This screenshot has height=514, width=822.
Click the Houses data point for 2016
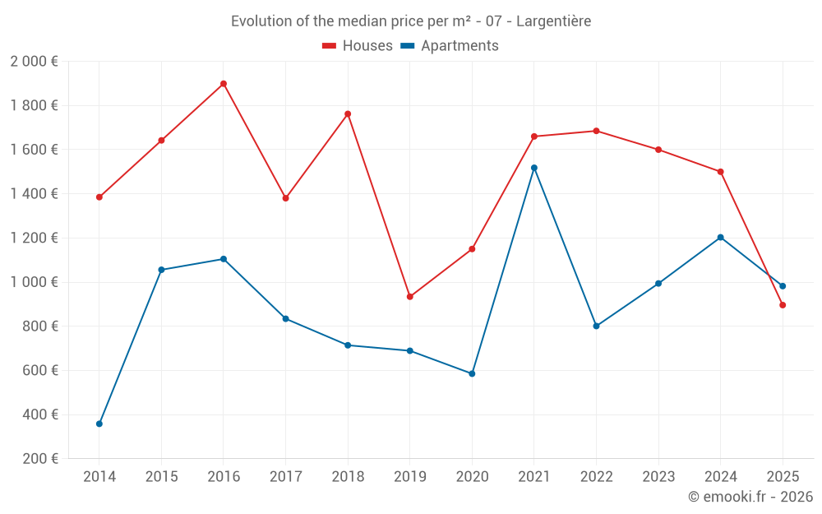click(224, 84)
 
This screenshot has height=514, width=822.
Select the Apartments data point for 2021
click(534, 168)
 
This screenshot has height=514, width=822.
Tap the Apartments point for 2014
click(99, 424)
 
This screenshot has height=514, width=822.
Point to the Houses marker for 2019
click(410, 297)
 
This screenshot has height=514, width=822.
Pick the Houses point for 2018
click(348, 114)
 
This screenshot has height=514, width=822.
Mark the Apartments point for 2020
click(472, 373)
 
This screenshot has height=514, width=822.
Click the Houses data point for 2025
click(783, 305)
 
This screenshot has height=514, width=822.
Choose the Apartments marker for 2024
click(721, 238)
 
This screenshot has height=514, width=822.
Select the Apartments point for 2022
click(596, 326)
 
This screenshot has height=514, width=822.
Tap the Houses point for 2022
click(596, 131)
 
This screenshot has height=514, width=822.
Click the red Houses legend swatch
click(329, 46)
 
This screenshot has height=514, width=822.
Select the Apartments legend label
click(459, 46)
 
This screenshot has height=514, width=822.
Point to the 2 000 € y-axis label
click(34, 62)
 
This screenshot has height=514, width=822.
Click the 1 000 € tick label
click(34, 282)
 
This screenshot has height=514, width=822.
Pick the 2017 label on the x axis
click(285, 477)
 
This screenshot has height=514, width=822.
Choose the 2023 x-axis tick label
click(658, 477)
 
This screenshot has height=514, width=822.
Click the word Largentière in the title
click(553, 21)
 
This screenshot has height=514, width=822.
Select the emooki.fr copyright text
click(750, 497)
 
